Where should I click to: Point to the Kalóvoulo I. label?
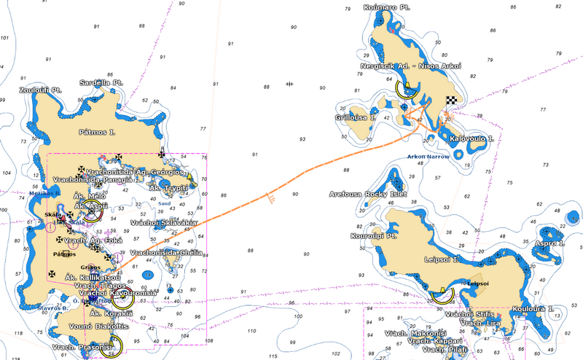tap(472, 138)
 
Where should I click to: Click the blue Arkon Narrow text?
tap(428, 156)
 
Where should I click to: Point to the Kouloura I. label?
tap(533, 309)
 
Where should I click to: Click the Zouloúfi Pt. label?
tap(41, 90)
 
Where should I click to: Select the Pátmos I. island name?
tap(97, 133)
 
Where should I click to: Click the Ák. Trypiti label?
tap(168, 188)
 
